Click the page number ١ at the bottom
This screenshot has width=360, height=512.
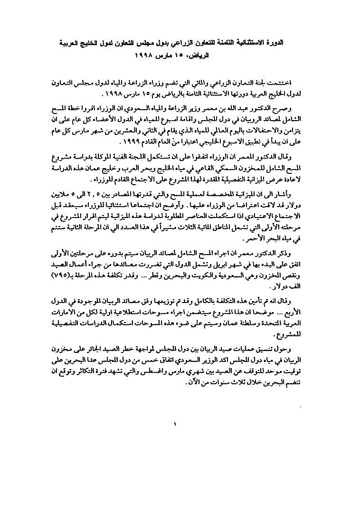click(x=175, y=424)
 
